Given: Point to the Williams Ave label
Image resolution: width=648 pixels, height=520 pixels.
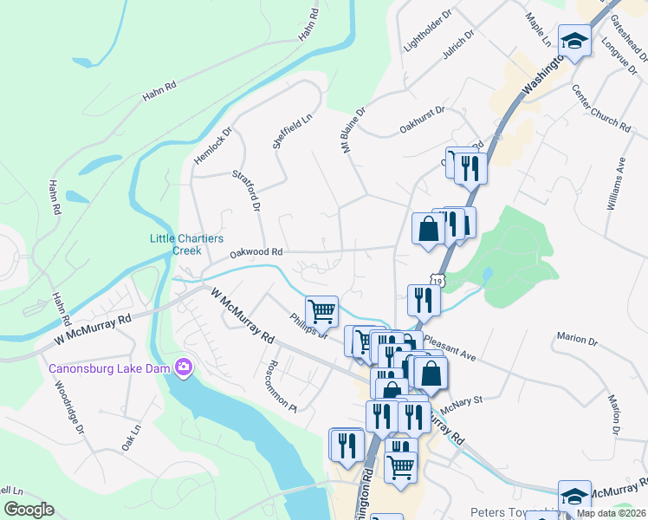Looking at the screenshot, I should (616, 183).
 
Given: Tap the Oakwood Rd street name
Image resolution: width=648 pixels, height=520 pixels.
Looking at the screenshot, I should (256, 253).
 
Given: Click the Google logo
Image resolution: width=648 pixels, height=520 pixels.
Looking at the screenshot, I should (29, 510).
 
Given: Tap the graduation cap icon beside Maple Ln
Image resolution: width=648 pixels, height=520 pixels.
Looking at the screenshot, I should (574, 41).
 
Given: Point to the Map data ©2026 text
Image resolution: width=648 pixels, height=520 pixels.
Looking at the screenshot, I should (610, 513).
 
